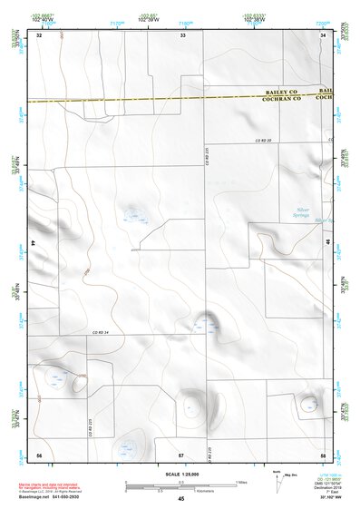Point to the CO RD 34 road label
(100, 334)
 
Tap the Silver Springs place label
(302, 212)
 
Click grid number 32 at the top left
(39, 34)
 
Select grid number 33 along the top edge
(183, 34)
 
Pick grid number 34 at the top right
(324, 34)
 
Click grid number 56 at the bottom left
(39, 453)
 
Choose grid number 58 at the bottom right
(323, 453)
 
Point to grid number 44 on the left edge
(34, 244)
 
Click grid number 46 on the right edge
(328, 244)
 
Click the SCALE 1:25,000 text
(181, 474)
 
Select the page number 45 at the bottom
(181, 499)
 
